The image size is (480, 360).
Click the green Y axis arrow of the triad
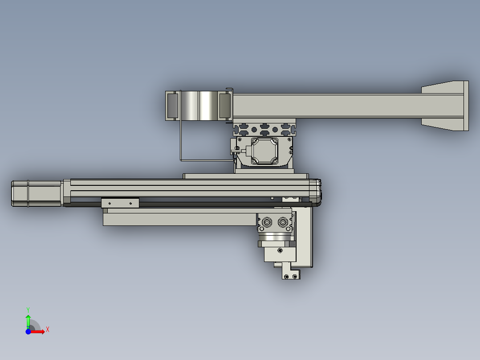click(x=28, y=320)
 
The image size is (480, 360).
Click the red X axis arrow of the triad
click(x=41, y=331)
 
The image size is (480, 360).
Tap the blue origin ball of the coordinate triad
click(x=28, y=331)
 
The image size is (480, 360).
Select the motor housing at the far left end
click(x=36, y=193)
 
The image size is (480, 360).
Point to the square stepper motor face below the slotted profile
click(x=264, y=151)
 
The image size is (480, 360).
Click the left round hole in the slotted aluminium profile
click(x=254, y=129)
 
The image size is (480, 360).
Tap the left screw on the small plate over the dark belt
click(x=110, y=203)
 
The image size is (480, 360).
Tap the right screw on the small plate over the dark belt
click(x=130, y=203)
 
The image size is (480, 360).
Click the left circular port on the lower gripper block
click(x=268, y=222)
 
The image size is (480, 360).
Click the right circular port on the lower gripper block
click(x=283, y=222)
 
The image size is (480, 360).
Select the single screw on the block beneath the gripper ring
click(x=280, y=250)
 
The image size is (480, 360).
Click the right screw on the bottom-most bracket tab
click(x=295, y=277)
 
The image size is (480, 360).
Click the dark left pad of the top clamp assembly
click(x=172, y=106)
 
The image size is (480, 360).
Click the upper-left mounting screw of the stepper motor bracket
click(x=238, y=139)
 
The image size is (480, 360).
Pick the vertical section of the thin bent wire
click(x=179, y=134)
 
